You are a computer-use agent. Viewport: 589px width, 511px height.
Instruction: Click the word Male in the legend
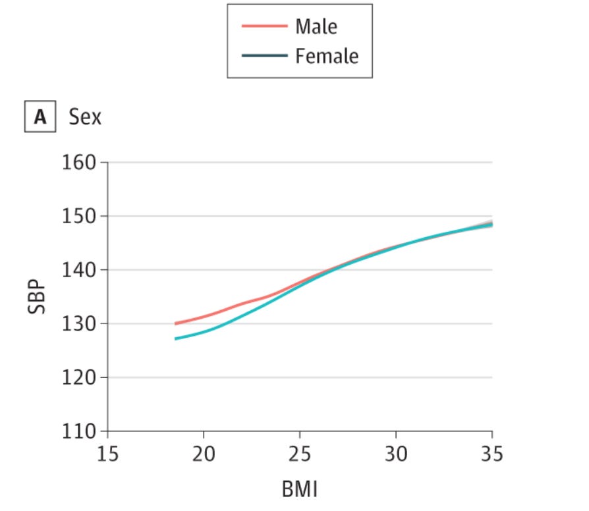point(316,26)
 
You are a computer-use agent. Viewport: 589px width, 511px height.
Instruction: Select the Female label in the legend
point(327,56)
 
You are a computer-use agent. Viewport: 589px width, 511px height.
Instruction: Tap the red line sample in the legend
point(264,26)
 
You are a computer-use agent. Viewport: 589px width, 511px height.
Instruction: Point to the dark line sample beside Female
point(264,55)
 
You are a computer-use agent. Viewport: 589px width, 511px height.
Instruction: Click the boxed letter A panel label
point(40,117)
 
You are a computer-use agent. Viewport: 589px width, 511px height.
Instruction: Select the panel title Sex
point(85,117)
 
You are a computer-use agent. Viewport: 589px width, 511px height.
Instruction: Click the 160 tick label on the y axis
point(79,163)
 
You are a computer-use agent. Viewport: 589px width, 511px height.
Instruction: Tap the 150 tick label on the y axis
point(79,216)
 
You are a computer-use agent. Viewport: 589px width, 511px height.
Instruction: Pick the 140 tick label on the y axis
point(79,270)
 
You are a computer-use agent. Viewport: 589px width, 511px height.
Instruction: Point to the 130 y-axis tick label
point(79,323)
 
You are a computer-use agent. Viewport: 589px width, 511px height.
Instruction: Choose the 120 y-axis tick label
point(79,377)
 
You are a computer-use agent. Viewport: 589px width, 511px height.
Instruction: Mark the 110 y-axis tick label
point(79,431)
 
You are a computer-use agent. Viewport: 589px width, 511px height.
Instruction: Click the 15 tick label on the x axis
point(107,454)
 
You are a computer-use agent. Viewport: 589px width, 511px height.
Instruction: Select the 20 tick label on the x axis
point(204,454)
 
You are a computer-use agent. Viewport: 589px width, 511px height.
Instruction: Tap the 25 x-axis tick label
point(300,454)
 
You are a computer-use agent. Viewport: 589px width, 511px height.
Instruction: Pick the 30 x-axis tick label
point(396,454)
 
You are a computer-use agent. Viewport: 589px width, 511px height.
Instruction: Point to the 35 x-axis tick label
point(492,454)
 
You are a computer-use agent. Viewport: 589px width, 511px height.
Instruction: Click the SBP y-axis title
point(37,296)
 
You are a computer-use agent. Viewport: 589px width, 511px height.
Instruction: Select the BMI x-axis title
point(300,489)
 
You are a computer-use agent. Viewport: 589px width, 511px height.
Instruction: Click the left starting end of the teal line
point(175,338)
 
